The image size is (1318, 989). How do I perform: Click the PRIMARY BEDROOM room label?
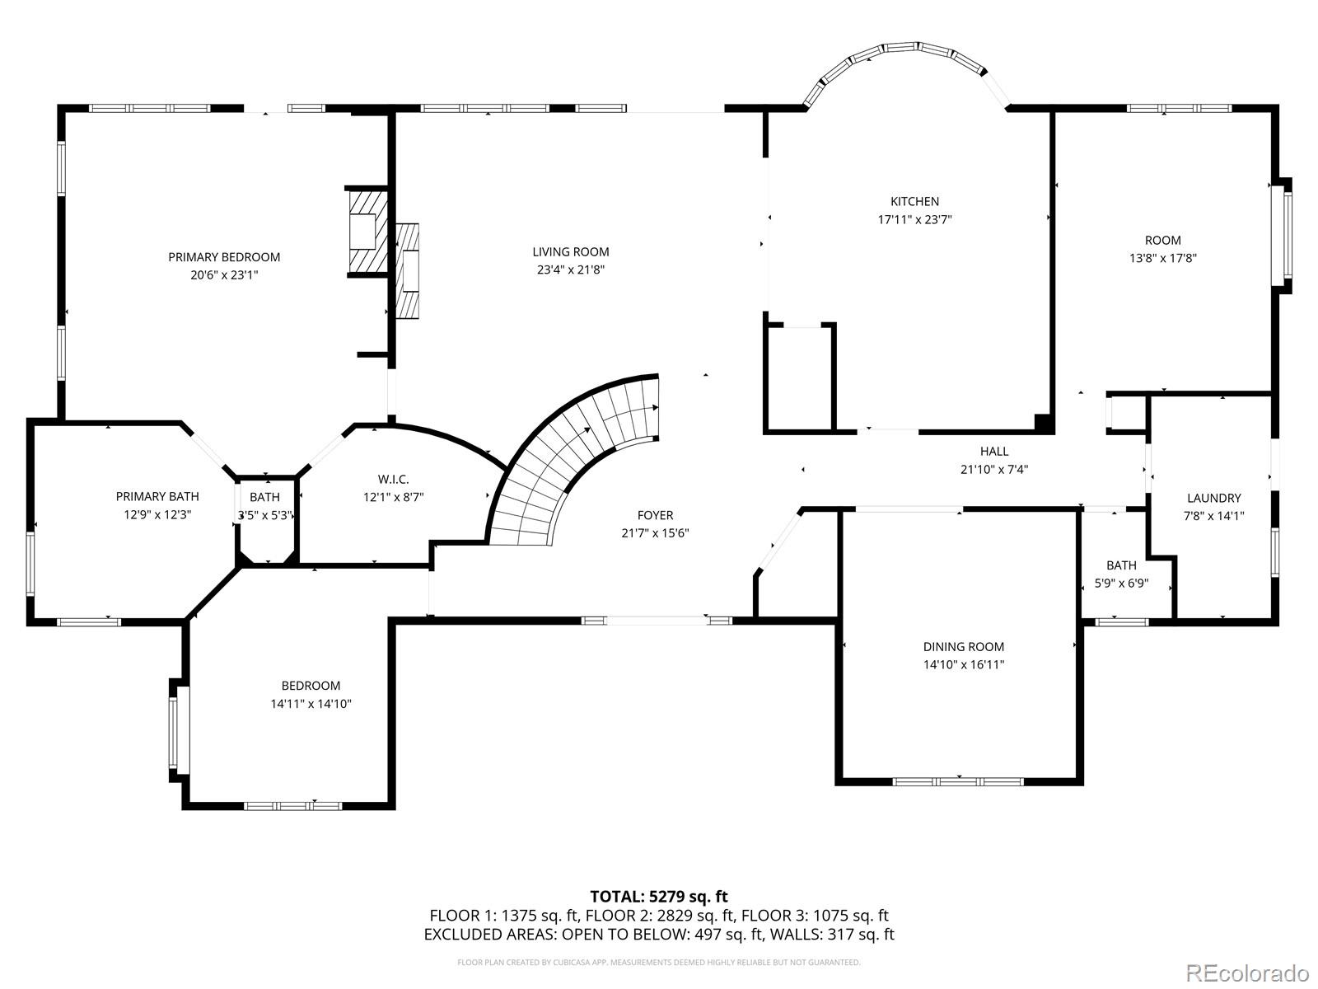tap(224, 257)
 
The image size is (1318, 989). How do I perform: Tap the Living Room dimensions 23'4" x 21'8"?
tap(570, 270)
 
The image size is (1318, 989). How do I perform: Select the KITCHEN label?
tap(914, 201)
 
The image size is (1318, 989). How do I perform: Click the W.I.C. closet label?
tap(393, 479)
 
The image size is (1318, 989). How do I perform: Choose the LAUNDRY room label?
tap(1213, 498)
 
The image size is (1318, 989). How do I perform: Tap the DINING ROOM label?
tap(963, 647)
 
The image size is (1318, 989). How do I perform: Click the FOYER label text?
tap(655, 515)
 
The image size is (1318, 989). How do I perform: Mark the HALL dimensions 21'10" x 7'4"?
tap(994, 470)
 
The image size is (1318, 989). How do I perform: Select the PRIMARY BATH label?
tap(157, 496)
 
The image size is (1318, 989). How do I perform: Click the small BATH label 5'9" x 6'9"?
tap(1121, 565)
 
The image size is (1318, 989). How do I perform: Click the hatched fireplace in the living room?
tap(408, 270)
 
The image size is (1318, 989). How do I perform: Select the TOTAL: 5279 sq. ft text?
tap(658, 896)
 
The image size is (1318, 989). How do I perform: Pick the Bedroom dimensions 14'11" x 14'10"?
tap(311, 704)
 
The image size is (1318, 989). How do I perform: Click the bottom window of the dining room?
tap(958, 780)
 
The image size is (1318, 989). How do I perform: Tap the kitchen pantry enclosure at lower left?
tap(799, 377)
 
